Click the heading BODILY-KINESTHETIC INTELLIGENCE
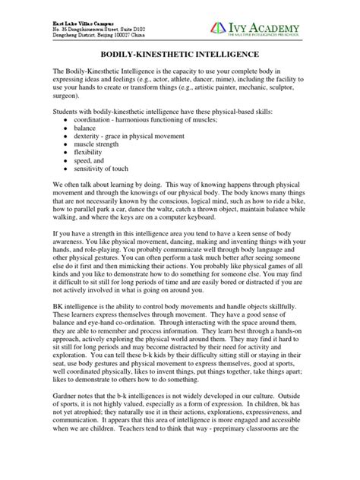tap(179, 55)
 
